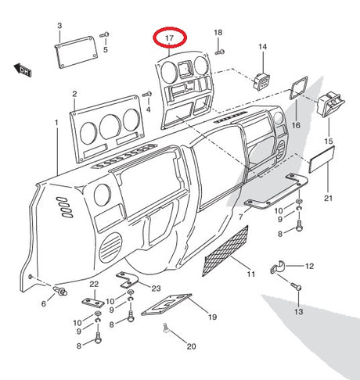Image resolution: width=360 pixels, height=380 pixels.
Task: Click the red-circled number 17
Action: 169,38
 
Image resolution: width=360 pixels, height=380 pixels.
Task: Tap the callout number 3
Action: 59,26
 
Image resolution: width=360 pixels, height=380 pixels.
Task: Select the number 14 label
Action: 263,47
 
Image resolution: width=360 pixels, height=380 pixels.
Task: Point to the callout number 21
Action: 329,199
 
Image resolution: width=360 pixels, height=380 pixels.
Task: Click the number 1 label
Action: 56,122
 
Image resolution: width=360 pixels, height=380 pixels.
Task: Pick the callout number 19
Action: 213,317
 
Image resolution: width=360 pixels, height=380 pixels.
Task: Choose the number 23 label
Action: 157,289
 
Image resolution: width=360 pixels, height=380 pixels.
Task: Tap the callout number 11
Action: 251,274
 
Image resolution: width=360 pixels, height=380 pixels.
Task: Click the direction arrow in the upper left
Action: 23,70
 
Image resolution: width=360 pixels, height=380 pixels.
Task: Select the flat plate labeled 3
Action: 76,52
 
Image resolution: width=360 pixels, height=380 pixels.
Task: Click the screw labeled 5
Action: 104,34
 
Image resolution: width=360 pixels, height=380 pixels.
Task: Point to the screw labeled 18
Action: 220,52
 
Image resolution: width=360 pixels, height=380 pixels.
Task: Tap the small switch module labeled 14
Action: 261,81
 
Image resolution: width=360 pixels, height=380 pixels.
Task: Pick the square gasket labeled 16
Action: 298,88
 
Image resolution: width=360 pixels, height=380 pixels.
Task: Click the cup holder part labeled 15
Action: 330,104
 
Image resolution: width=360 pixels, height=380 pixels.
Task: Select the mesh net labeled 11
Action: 225,251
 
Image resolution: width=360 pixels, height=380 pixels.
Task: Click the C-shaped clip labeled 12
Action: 279,267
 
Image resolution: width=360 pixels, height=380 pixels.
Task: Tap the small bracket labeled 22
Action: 93,303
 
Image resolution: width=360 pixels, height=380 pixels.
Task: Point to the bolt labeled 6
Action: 60,291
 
